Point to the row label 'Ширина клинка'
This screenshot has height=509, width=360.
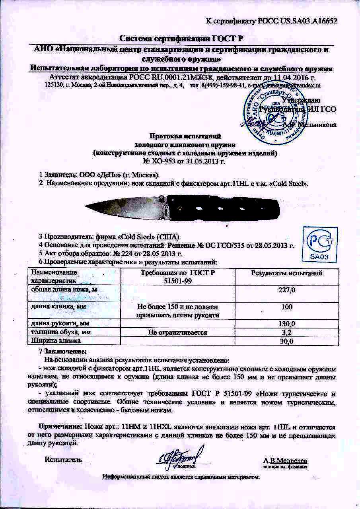56,341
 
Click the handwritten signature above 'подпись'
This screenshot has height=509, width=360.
181,456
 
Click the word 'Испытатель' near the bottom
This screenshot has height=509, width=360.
63,460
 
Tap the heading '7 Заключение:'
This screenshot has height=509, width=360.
62,352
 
